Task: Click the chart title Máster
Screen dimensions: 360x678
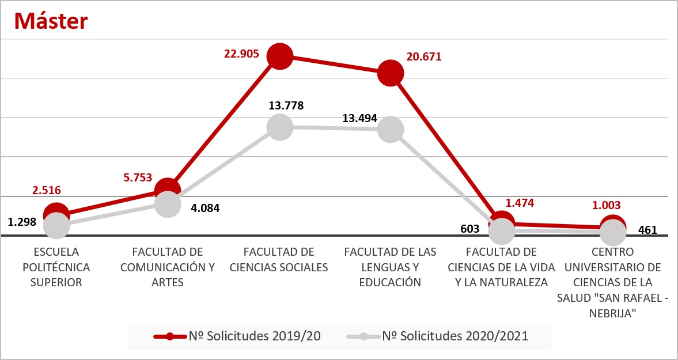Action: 51,21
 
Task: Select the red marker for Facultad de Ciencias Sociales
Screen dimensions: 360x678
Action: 280,56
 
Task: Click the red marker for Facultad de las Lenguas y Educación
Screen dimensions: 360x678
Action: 391,73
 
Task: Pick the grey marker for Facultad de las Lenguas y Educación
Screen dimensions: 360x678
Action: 391,130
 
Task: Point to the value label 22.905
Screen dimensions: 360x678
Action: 242,54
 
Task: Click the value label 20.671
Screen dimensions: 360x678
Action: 423,57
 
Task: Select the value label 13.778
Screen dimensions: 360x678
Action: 286,105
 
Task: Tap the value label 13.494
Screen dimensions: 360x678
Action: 359,119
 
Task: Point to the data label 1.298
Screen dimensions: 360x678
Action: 22,222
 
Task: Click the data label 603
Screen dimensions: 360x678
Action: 470,229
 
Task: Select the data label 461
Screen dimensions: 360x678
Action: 647,231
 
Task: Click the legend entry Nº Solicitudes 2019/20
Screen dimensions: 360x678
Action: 237,336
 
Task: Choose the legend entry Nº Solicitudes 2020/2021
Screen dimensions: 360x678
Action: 438,336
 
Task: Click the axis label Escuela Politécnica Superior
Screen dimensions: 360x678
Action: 56,267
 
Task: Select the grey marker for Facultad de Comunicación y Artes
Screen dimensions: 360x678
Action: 168,204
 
